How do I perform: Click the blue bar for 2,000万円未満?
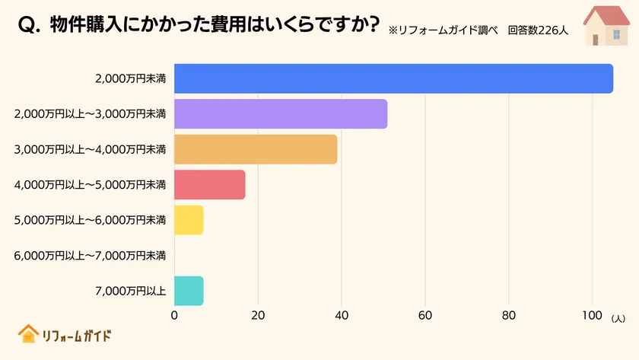pos(393,78)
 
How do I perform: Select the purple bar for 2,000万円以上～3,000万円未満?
pos(281,113)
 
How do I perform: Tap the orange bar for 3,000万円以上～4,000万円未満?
pos(256,149)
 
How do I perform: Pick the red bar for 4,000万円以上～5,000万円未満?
pos(210,184)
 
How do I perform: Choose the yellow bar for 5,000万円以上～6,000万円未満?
pos(189,220)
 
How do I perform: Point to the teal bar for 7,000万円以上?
pos(189,291)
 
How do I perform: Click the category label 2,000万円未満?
pos(130,78)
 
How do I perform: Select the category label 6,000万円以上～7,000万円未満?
pos(90,256)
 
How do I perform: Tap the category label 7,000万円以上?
pos(130,291)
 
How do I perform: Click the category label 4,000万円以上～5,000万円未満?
pos(90,185)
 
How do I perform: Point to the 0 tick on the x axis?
pos(175,315)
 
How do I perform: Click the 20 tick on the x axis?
pos(258,315)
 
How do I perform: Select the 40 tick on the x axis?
pos(342,315)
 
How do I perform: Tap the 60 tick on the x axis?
pos(425,315)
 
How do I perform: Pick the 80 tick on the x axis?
pos(509,315)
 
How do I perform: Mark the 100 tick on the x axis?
pos(592,315)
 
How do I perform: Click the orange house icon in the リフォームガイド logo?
pos(28,334)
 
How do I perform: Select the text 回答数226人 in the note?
pos(539,30)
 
